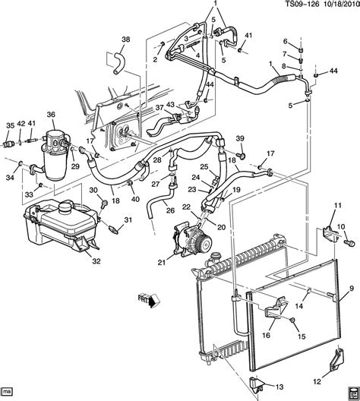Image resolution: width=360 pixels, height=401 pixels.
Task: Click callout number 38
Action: (x=126, y=39)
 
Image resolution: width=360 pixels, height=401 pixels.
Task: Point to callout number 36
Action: (x=52, y=115)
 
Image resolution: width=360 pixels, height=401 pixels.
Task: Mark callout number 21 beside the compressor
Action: (x=160, y=263)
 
